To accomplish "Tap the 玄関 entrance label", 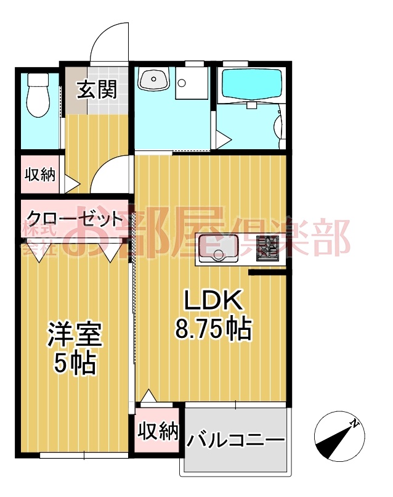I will tap(97, 91).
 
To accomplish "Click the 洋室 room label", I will tap(75, 336).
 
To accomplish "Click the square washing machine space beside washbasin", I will tap(193, 83).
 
